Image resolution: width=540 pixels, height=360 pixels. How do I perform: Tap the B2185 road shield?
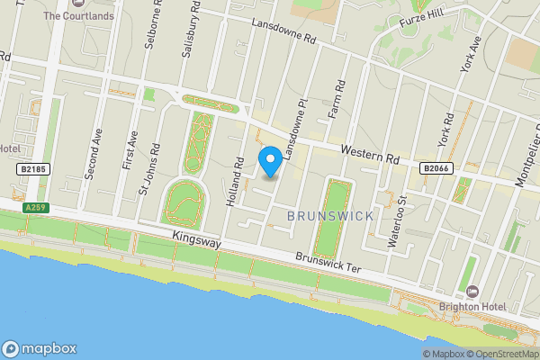[31, 168]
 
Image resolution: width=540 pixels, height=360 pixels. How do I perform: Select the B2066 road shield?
[436, 167]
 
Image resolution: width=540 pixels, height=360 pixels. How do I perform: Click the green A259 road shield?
[35, 208]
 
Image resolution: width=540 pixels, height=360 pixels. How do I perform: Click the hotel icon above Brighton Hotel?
[472, 292]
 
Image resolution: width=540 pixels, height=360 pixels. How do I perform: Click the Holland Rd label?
[236, 181]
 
